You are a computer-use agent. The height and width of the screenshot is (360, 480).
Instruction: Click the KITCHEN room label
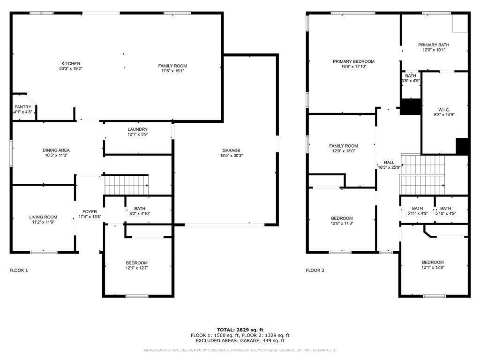pos(71,64)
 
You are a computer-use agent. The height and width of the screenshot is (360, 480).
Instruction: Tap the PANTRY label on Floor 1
pos(22,107)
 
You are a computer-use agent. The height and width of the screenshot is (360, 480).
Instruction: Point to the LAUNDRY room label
pos(137,129)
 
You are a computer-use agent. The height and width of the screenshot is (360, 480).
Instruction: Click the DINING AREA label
pos(56,150)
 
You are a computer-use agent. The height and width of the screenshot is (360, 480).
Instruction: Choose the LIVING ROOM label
pos(43,217)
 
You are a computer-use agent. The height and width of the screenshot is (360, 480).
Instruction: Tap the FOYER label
pos(90,212)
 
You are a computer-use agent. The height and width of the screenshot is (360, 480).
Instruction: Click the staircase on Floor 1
pos(126,185)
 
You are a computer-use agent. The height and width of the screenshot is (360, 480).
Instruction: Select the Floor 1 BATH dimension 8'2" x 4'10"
pos(139,214)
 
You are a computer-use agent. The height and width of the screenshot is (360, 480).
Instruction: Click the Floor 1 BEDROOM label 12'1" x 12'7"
pos(136,263)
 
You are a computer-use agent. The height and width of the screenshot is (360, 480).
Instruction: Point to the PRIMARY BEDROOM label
pos(353,61)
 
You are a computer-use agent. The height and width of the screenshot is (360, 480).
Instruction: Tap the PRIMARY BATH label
pos(434,45)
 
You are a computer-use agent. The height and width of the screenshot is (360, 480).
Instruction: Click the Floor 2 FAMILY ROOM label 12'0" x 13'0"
pos(343,146)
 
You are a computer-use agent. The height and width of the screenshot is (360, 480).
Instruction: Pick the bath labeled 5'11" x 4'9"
pos(417,209)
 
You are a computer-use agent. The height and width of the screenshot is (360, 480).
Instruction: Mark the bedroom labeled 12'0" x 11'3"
pos(342,218)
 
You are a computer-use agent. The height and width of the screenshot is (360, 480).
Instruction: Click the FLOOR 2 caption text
pos(315,270)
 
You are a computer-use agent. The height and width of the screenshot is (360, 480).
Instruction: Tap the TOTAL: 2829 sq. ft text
pos(240,330)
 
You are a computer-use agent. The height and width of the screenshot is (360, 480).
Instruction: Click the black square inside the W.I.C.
pos(462,146)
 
